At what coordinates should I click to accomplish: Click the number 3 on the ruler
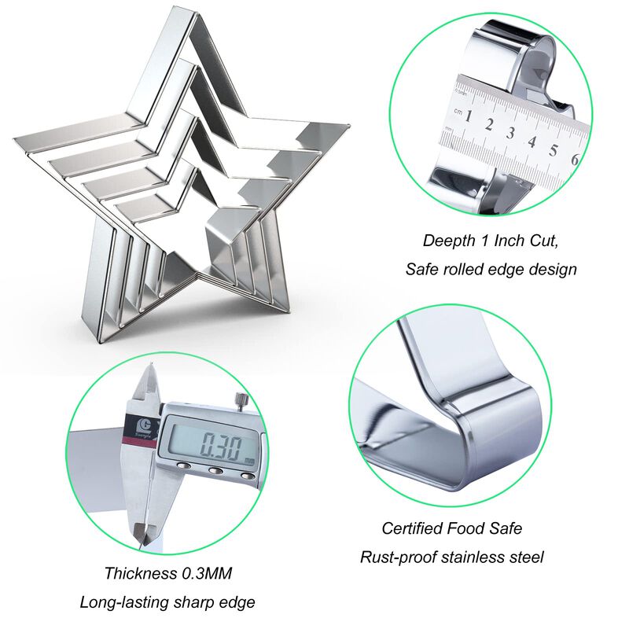pyautogui.click(x=510, y=132)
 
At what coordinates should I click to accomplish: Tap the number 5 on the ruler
pyautogui.click(x=554, y=150)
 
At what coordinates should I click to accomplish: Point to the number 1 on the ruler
pyautogui.click(x=468, y=116)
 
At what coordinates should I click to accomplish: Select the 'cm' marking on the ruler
pyautogui.click(x=458, y=111)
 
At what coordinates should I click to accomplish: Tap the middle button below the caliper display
pyautogui.click(x=215, y=470)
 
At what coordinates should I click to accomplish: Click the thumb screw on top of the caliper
pyautogui.click(x=242, y=401)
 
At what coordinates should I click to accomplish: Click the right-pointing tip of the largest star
pyautogui.click(x=348, y=126)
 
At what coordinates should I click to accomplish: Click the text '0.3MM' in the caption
pyautogui.click(x=207, y=573)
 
